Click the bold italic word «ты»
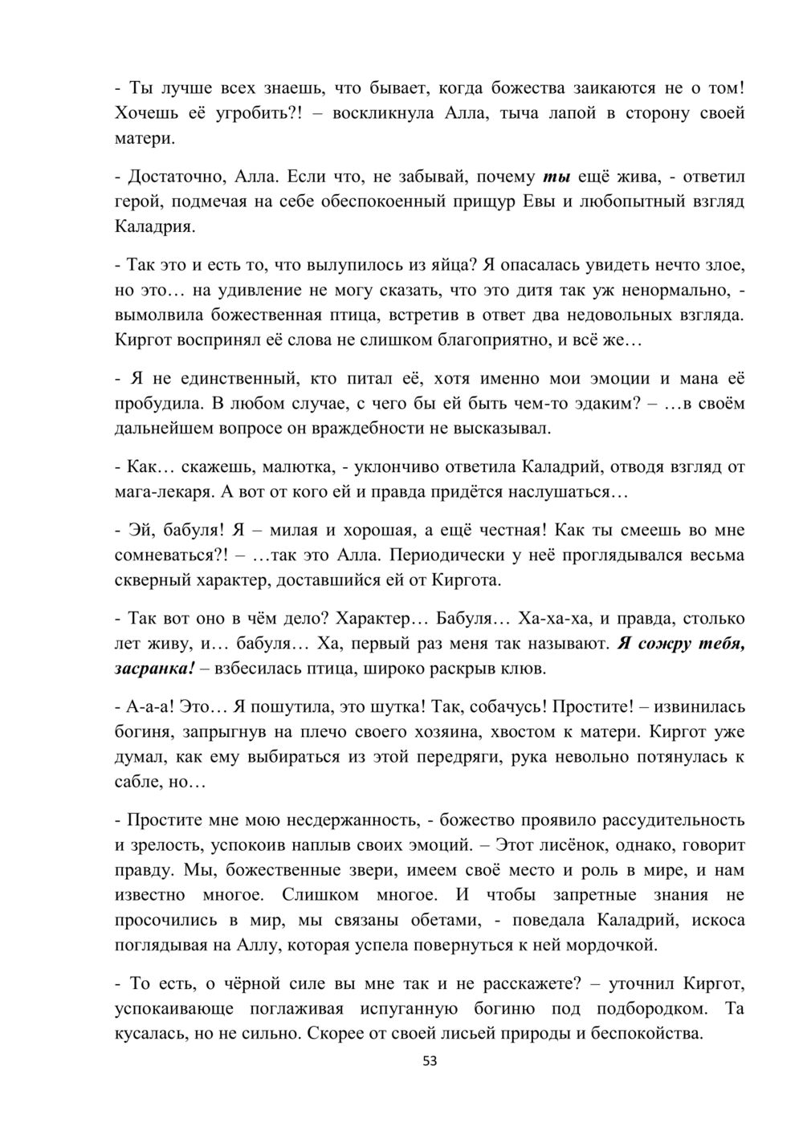pyautogui.click(x=556, y=177)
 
